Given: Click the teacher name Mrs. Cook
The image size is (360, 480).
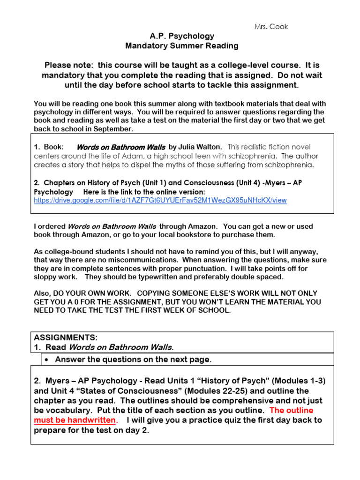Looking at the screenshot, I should click(278, 26).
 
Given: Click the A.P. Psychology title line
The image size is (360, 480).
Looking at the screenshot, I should click(182, 36).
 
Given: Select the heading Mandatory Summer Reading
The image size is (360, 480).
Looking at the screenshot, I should click(182, 46).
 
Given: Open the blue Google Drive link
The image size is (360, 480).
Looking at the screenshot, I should click(160, 200).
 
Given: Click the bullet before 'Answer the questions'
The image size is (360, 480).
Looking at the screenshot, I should click(47, 360).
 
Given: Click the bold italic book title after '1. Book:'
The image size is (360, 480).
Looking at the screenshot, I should click(120, 147).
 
